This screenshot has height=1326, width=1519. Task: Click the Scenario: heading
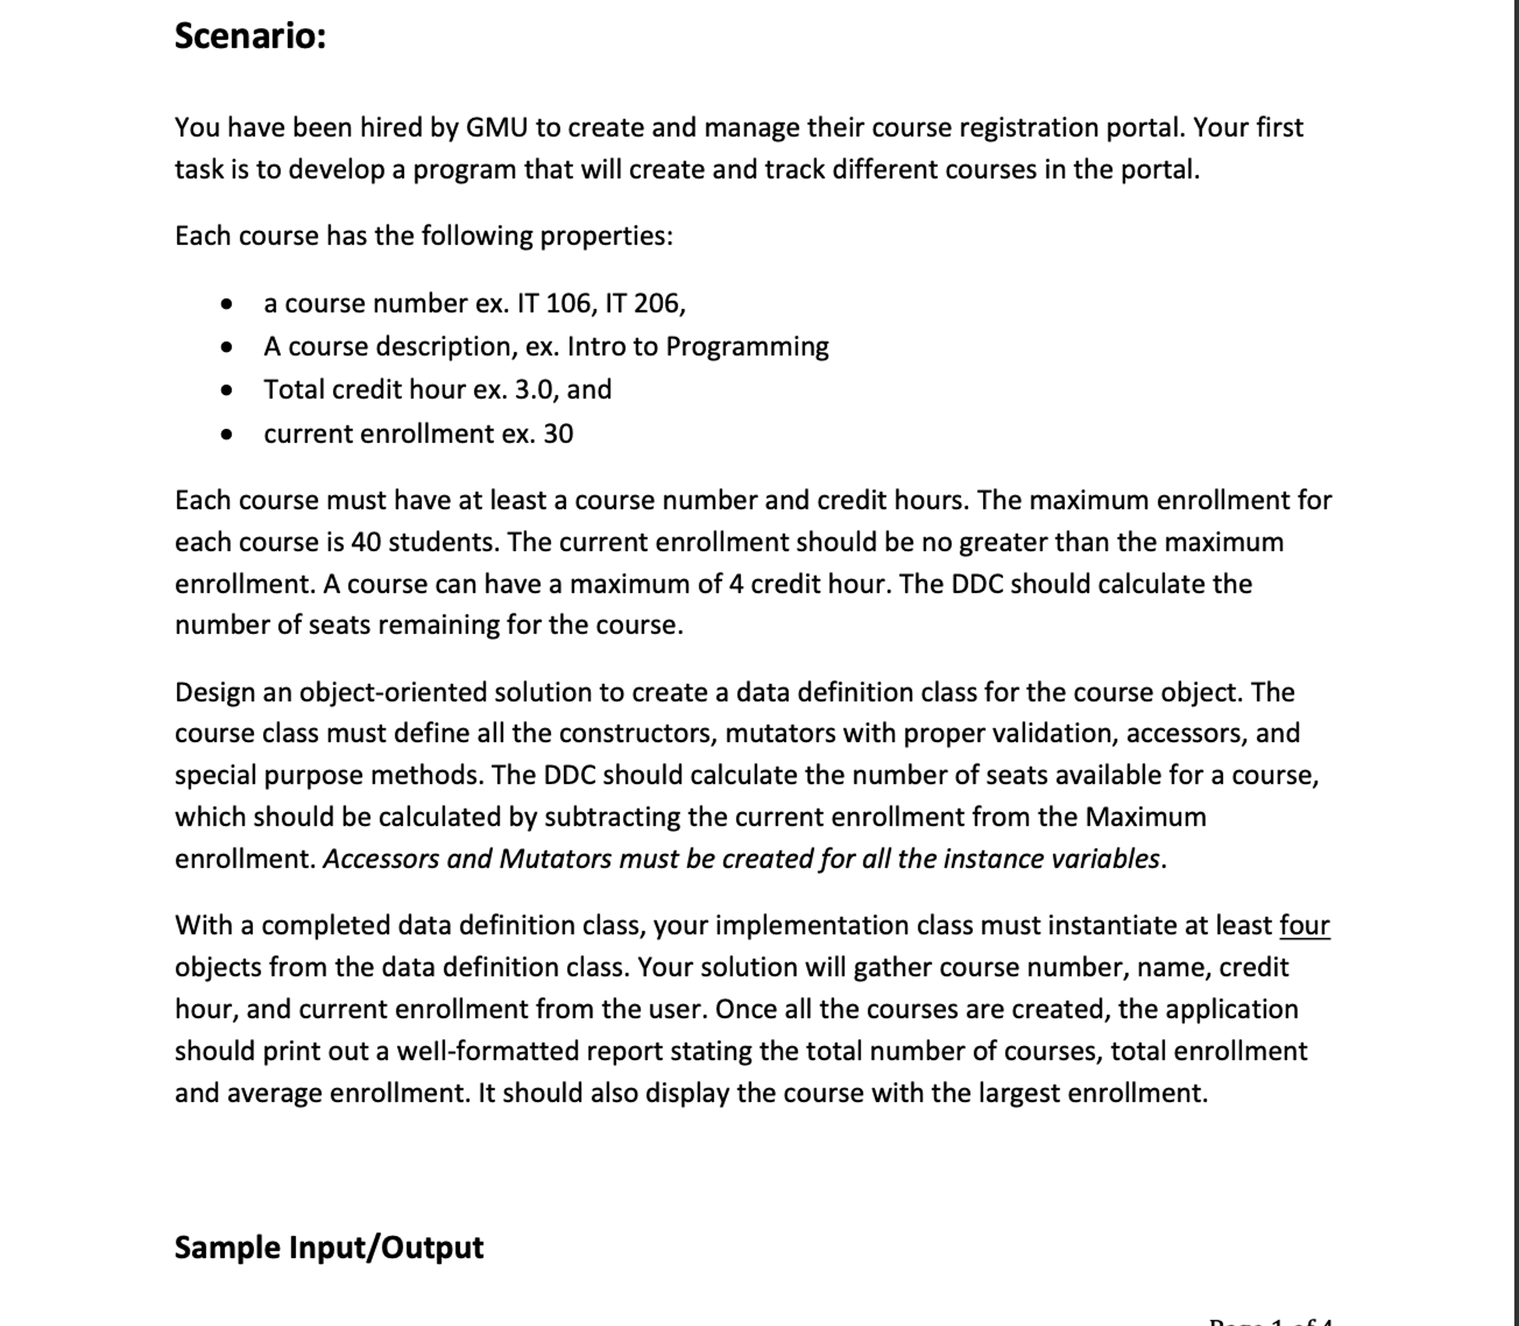pyautogui.click(x=250, y=36)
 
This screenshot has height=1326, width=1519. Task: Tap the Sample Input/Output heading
pyautogui.click(x=328, y=1247)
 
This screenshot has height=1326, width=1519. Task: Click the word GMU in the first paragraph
pyautogui.click(x=496, y=128)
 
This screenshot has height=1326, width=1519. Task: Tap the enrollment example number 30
pyautogui.click(x=558, y=434)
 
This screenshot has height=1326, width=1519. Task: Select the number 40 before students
pyautogui.click(x=366, y=542)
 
